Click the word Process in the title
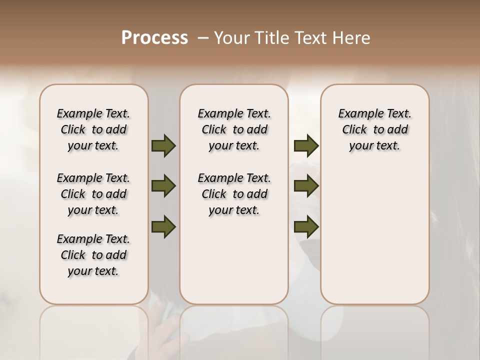coord(154,38)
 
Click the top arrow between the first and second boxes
coord(163,145)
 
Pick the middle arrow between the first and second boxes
coord(163,186)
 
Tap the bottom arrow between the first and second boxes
coord(163,226)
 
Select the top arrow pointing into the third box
coord(306,145)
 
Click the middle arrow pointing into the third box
coord(306,186)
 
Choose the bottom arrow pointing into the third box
coord(306,226)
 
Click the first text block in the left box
coord(93,129)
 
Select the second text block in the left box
coord(93,194)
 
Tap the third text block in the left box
coord(93,255)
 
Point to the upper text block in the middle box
coord(234,129)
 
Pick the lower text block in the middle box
coord(234,194)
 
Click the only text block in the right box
coord(375,129)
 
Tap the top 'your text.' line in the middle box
coord(234,146)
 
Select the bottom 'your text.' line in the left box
coord(93,271)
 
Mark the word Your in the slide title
coord(232,38)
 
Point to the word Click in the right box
coord(354,130)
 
